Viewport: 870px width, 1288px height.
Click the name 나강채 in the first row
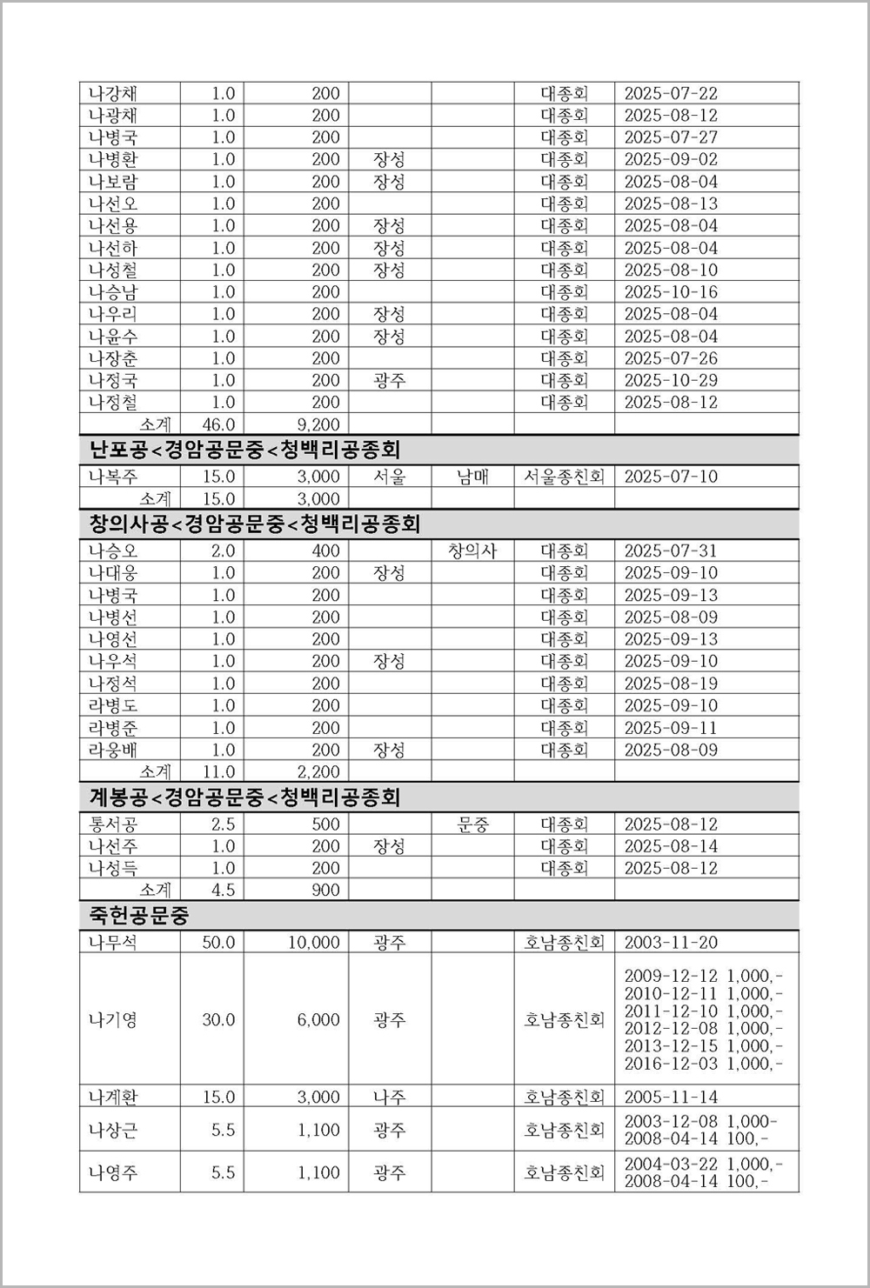pos(112,93)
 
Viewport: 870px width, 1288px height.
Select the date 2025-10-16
pos(671,292)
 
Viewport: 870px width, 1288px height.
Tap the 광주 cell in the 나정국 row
pos(389,380)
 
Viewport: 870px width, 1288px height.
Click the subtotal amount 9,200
pos(318,424)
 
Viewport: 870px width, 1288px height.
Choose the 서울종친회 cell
pos(564,477)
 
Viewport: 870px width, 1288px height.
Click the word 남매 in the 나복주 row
pos(472,477)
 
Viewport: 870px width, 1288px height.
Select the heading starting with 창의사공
pos(255,524)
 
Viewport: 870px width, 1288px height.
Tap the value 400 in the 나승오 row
pos(325,551)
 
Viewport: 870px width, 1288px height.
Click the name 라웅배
pos(112,750)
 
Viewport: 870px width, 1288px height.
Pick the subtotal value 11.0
pos(218,771)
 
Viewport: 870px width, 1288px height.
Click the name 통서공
pos(112,824)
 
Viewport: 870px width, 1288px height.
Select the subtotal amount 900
pos(325,890)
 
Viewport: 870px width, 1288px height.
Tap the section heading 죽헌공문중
pos(139,915)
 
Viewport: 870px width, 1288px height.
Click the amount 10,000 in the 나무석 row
pos(314,942)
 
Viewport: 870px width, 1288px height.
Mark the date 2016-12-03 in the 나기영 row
pos(671,1064)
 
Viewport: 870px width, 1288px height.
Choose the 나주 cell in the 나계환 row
pos(389,1097)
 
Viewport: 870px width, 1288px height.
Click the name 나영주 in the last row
pos(112,1172)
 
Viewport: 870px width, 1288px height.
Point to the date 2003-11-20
pos(671,942)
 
